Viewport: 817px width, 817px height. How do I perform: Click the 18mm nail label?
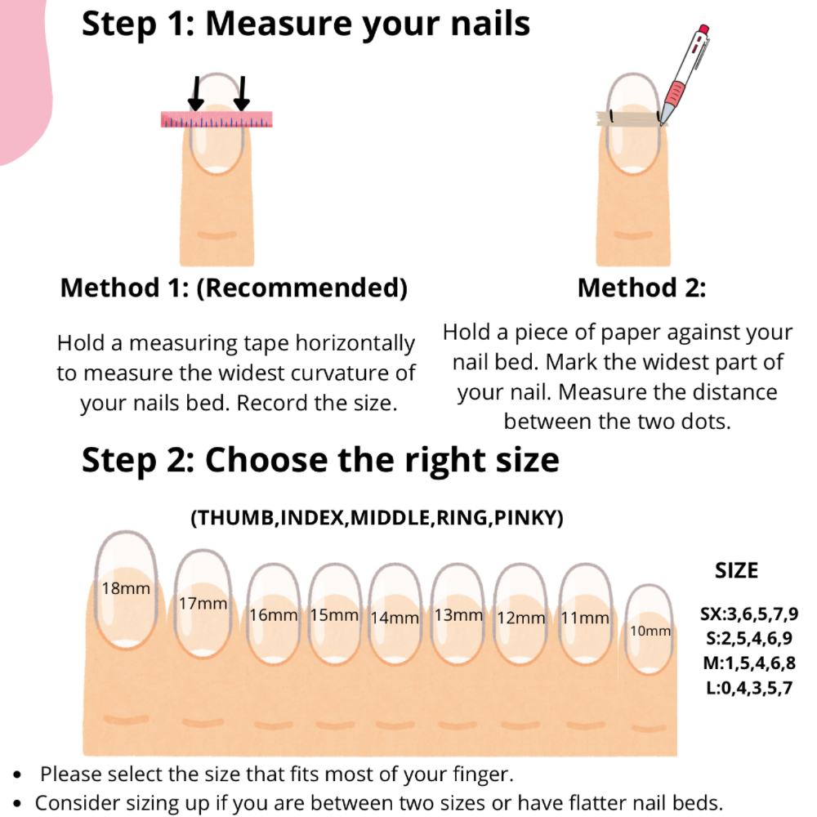point(126,588)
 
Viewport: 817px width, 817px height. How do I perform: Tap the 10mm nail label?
point(650,631)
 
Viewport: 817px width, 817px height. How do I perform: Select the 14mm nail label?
point(395,618)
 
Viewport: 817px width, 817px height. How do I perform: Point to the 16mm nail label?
point(273,615)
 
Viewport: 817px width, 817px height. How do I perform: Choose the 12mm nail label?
point(520,618)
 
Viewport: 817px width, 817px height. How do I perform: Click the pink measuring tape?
point(217,119)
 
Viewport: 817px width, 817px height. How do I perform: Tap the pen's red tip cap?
point(703,29)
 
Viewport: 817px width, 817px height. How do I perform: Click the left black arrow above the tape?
point(196,93)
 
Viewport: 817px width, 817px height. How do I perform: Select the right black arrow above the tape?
point(242,93)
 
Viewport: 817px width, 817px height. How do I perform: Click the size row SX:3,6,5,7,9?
point(748,614)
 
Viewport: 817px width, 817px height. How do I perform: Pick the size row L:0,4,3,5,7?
point(748,688)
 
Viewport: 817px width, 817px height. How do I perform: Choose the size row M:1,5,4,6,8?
point(748,663)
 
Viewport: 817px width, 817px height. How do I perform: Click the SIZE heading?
point(736,570)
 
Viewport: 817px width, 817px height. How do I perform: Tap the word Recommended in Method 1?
point(301,288)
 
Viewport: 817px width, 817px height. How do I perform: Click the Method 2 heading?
point(641,288)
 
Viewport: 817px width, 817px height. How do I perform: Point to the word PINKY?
point(525,517)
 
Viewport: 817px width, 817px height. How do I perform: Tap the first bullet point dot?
point(17,775)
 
